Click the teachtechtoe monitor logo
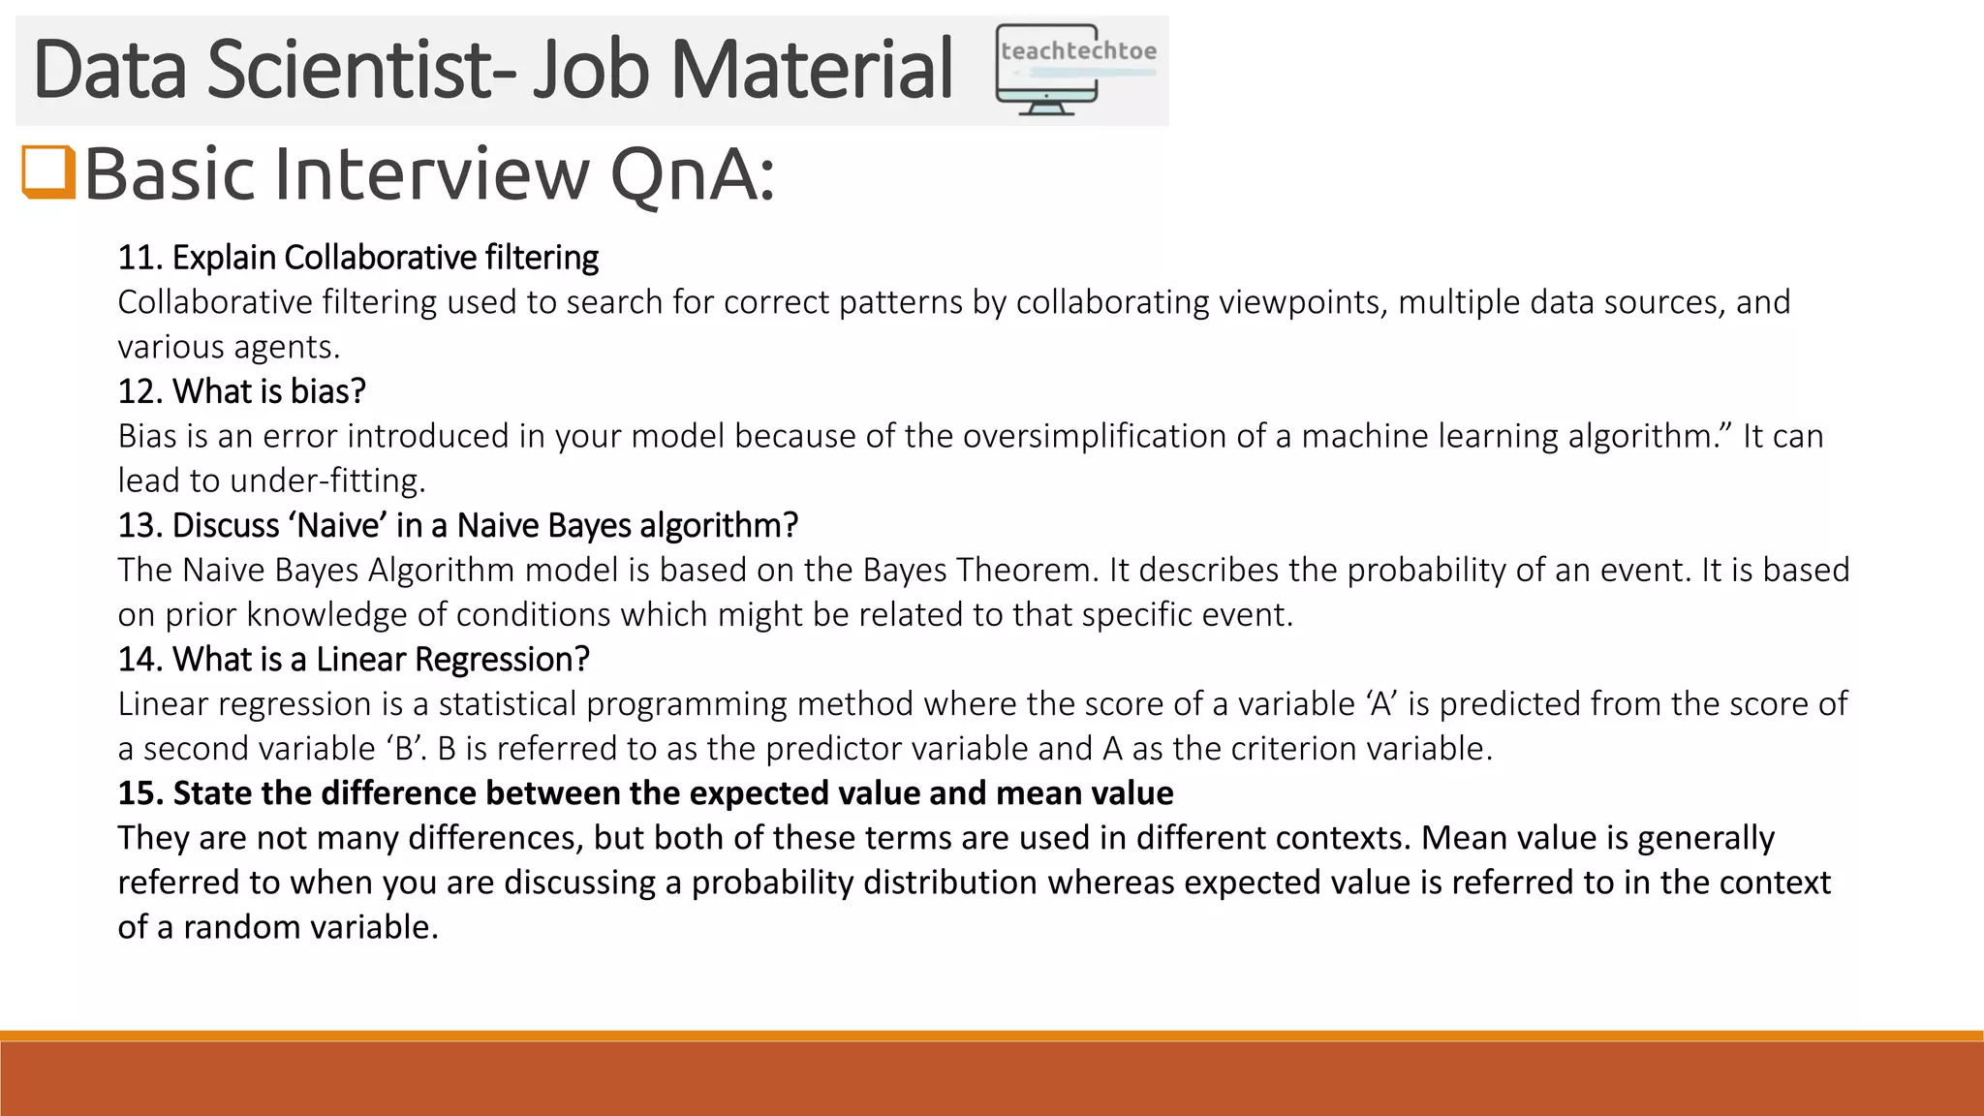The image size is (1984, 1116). coord(1075,70)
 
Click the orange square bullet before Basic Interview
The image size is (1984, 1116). coord(48,172)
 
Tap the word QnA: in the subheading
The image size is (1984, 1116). coord(693,174)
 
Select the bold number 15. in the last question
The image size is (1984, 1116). coord(140,793)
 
